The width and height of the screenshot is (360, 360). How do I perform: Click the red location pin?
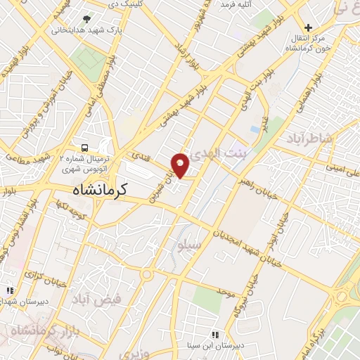181,165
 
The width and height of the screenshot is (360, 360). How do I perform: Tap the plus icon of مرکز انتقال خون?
308,27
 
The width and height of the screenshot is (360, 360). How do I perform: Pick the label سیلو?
210,246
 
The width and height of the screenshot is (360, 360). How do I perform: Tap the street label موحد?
225,290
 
